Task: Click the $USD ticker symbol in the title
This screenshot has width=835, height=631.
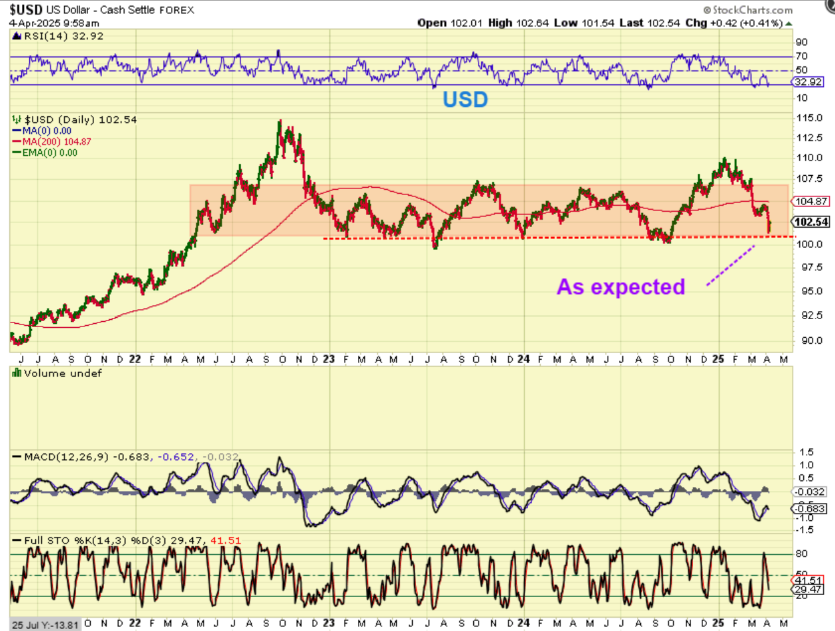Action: pyautogui.click(x=26, y=9)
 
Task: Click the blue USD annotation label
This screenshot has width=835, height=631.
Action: pyautogui.click(x=465, y=100)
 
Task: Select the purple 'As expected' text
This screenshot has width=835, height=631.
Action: pyautogui.click(x=620, y=287)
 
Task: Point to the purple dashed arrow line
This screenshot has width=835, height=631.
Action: pyautogui.click(x=730, y=265)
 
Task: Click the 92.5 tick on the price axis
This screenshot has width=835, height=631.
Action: pyautogui.click(x=807, y=315)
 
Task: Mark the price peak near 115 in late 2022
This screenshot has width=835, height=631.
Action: pyautogui.click(x=280, y=121)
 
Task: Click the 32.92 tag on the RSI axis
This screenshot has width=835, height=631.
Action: pyautogui.click(x=808, y=82)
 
